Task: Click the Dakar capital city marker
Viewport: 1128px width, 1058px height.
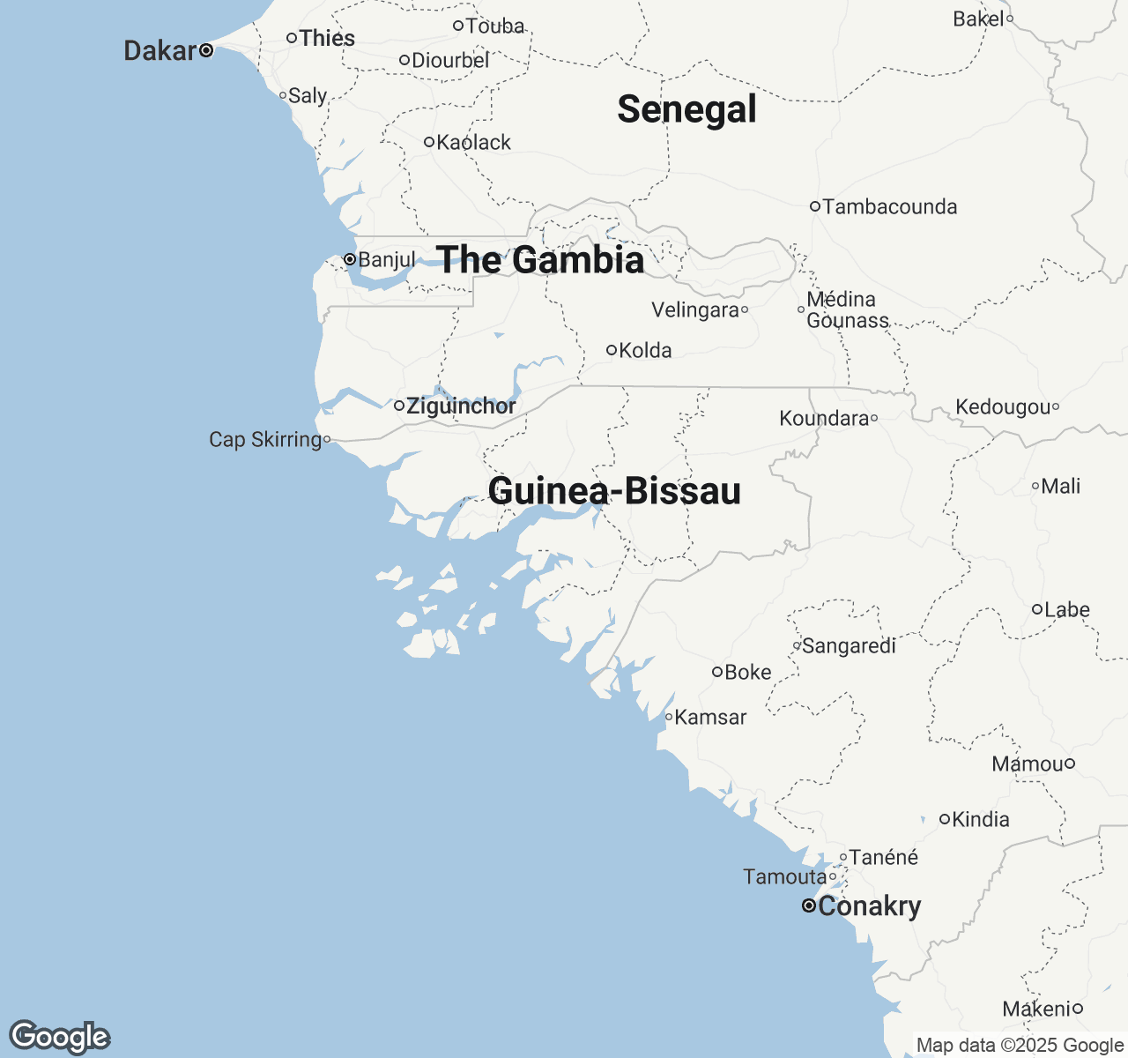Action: point(206,50)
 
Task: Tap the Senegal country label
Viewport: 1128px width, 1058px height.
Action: point(686,109)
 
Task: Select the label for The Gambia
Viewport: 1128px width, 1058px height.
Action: point(540,260)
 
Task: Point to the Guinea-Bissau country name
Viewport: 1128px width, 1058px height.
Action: point(614,491)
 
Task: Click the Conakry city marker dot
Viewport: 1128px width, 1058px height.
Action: point(808,905)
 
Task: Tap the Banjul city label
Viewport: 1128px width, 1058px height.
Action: point(387,259)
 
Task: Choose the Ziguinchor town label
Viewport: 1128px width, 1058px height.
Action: point(461,406)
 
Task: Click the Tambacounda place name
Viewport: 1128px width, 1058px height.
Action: point(889,206)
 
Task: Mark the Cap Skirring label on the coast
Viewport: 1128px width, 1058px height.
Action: point(265,439)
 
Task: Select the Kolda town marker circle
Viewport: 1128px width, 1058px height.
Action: point(612,350)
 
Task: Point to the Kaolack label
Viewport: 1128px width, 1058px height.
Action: point(474,142)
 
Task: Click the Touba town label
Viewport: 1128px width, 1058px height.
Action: point(495,26)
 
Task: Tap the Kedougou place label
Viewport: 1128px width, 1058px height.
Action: point(1003,406)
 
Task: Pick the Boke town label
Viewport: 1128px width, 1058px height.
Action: point(747,672)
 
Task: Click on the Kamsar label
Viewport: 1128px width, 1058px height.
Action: point(710,717)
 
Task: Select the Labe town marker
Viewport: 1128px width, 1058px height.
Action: point(1037,609)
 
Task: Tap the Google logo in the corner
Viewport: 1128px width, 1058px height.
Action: point(59,1037)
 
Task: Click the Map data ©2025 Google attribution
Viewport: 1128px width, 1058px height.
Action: point(1020,1046)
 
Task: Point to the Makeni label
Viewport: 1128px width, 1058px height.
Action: point(1036,1009)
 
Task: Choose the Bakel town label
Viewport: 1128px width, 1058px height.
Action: point(978,19)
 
